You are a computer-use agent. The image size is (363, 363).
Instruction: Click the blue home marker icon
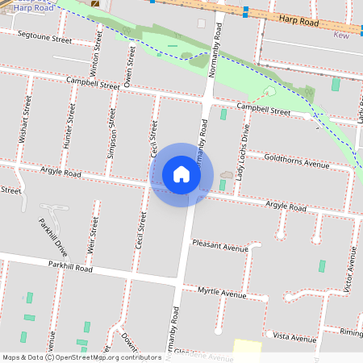(181, 174)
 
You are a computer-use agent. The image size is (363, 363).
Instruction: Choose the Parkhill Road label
(71, 265)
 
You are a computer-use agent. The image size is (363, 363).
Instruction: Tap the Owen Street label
(129, 65)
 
